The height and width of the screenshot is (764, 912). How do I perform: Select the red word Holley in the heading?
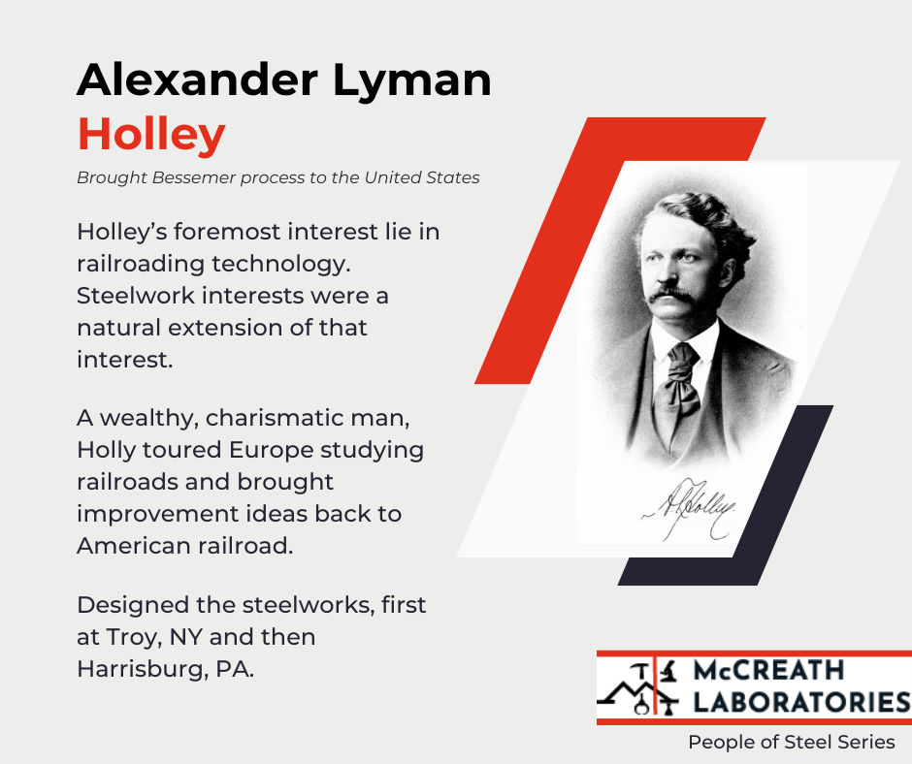click(151, 135)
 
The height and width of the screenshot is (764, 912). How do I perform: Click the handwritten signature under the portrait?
click(690, 504)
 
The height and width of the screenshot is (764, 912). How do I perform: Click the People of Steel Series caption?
click(792, 743)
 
